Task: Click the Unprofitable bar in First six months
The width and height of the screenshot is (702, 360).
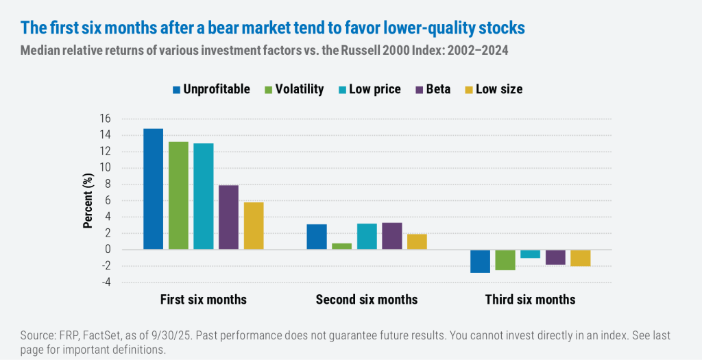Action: [154, 189]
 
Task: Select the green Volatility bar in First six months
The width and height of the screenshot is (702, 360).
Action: [178, 195]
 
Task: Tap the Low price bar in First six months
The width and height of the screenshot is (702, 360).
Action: [204, 196]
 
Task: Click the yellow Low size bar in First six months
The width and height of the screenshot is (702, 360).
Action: [254, 226]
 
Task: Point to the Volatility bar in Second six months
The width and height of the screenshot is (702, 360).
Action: [341, 246]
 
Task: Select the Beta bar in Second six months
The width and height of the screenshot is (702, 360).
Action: [392, 236]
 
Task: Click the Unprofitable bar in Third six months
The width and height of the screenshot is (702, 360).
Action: [480, 261]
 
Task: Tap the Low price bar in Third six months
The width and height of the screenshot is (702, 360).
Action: [531, 254]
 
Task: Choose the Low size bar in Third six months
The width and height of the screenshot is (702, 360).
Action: [581, 258]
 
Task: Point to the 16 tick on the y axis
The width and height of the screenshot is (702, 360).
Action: [105, 119]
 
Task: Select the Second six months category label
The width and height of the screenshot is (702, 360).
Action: [366, 300]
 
